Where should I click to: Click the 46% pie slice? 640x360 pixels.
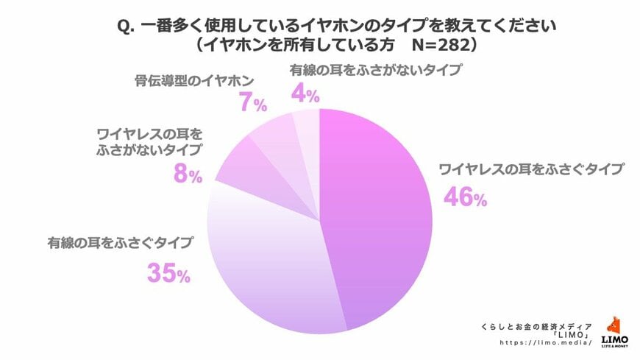click(x=375, y=213)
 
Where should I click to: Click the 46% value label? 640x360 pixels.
click(x=464, y=197)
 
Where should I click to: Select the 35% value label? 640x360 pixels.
click(x=168, y=274)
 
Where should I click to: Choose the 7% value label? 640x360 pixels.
click(x=252, y=104)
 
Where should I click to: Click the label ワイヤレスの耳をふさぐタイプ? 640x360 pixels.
click(x=530, y=169)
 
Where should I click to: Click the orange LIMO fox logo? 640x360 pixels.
click(x=615, y=325)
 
